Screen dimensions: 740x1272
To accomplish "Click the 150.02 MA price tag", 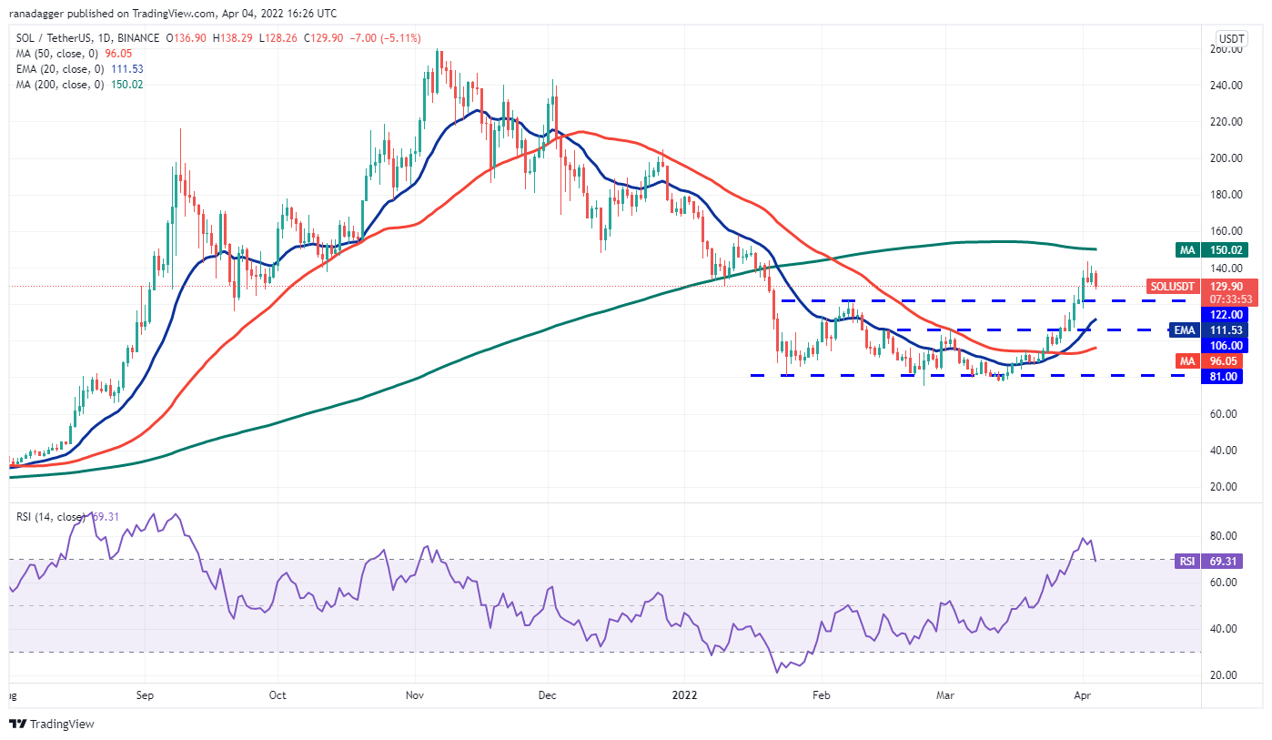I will (1224, 249).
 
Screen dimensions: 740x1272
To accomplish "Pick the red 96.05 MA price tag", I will (1224, 360).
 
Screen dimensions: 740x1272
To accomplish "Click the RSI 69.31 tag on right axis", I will (1223, 562).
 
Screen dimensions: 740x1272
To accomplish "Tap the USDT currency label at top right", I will (1231, 39).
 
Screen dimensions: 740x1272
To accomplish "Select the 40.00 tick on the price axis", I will (1227, 450).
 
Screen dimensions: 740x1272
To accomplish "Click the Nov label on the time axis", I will (415, 694).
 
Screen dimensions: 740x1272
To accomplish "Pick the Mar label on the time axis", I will (945, 694).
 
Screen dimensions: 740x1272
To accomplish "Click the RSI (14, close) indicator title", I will (51, 518).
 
